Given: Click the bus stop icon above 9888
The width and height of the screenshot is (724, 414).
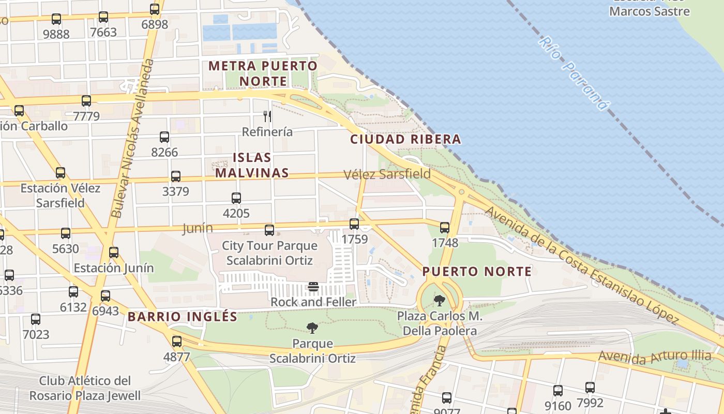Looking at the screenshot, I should coord(56,20).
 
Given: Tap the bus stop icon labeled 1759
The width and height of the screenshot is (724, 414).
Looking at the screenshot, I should coord(354,224).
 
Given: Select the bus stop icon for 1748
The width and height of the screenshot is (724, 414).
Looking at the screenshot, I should coord(445,228).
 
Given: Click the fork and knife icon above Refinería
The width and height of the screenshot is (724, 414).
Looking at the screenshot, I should coord(267,116).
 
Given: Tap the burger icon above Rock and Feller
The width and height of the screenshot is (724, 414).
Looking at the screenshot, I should coord(313,287).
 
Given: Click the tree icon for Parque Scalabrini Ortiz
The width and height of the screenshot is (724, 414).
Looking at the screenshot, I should coord(312,328).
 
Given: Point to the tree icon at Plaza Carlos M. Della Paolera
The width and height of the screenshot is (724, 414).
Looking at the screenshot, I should coord(440,300).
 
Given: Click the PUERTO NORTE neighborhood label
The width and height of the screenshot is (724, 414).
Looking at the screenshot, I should coord(477,272).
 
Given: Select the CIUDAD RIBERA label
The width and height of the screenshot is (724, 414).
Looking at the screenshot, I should coord(405,139).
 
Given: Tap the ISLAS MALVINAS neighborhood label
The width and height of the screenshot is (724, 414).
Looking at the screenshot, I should coord(252,165).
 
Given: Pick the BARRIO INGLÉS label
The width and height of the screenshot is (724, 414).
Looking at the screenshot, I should coord(183,317).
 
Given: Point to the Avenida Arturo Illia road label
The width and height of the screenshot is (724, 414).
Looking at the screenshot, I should coord(655,357).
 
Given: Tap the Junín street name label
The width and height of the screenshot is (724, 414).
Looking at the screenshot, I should coord(198,228).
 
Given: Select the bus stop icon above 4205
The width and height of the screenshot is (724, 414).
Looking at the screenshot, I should coord(236,198).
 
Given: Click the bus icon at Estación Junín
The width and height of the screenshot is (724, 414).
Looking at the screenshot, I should coord(114,253).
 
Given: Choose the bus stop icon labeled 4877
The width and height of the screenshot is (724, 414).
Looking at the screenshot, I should coord(177,342).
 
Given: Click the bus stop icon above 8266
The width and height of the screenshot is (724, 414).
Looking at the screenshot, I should coord(164,137).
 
